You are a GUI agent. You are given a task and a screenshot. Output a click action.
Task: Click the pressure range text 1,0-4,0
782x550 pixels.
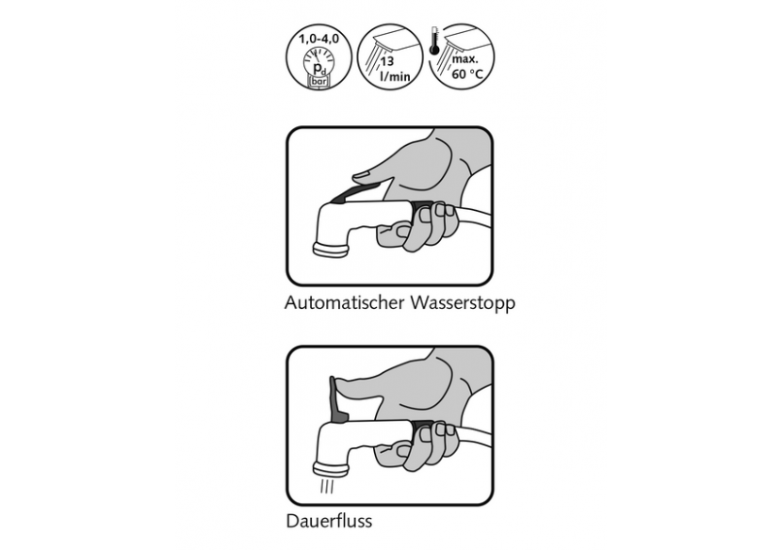[x=318, y=39]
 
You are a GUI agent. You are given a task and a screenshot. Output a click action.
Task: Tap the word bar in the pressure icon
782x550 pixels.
[x=318, y=81]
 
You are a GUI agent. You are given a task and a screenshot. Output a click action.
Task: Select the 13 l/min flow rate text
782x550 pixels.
[x=393, y=69]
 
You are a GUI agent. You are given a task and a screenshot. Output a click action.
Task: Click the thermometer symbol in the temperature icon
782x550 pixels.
[x=434, y=40]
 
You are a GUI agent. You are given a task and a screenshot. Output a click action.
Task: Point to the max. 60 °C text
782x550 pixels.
[x=466, y=66]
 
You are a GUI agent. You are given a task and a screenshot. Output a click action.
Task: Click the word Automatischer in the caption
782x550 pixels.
[x=345, y=302]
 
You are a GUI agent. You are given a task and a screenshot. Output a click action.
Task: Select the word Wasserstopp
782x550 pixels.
[x=463, y=303]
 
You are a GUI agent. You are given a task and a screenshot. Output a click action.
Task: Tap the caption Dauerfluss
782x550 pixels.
[x=329, y=521]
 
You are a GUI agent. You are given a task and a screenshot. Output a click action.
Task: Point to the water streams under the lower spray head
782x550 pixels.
[x=327, y=486]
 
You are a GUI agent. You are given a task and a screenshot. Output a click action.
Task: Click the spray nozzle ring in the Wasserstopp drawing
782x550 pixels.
[x=330, y=250]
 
